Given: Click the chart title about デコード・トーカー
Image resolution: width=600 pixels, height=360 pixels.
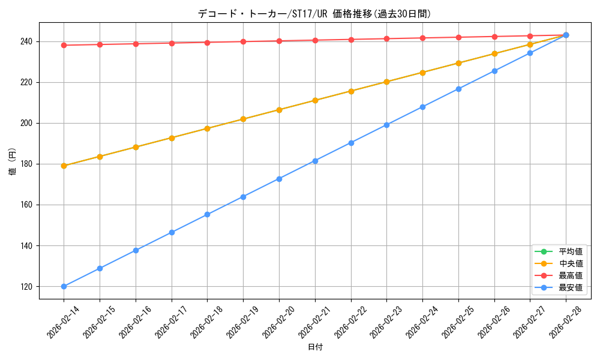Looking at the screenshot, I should (314, 14).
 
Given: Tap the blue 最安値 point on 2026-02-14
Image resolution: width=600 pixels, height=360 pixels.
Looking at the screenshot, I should (64, 286).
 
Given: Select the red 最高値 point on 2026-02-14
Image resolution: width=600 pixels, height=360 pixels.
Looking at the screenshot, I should (64, 45).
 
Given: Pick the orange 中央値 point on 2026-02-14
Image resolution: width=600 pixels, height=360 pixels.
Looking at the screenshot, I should (64, 166).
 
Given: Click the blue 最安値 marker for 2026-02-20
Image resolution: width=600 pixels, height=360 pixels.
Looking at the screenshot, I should (279, 179).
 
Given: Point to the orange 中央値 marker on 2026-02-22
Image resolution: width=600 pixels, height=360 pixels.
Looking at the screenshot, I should (351, 91).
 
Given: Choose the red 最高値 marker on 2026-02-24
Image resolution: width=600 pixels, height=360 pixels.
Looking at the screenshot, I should (422, 38).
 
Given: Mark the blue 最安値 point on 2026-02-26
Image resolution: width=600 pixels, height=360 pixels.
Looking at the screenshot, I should (494, 71).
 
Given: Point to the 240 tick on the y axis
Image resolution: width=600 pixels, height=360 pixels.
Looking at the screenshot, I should (28, 41).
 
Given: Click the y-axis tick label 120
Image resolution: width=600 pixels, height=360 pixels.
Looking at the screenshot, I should (28, 286).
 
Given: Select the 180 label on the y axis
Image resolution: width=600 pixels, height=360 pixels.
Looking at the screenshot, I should (28, 164).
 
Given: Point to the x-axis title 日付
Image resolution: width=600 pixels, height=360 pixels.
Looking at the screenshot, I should (315, 347).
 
